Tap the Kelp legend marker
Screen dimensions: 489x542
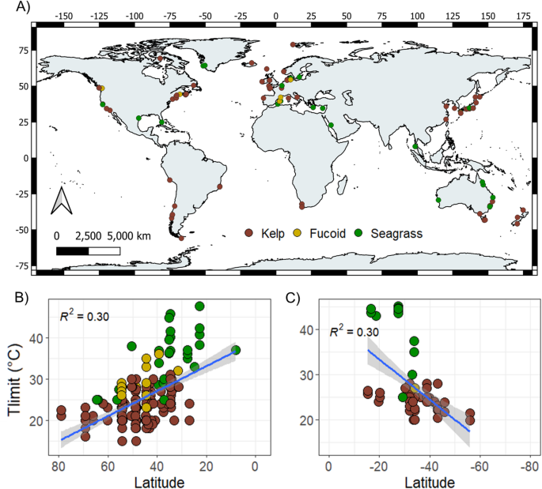(x=248, y=234)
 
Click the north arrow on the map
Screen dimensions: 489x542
(x=62, y=201)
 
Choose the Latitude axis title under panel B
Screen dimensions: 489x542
(x=155, y=481)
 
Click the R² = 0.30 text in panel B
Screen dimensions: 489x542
(x=84, y=317)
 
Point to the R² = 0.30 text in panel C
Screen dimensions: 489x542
(x=354, y=332)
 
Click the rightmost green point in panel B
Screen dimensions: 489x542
(x=236, y=350)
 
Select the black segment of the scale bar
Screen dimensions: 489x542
(x=72, y=251)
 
